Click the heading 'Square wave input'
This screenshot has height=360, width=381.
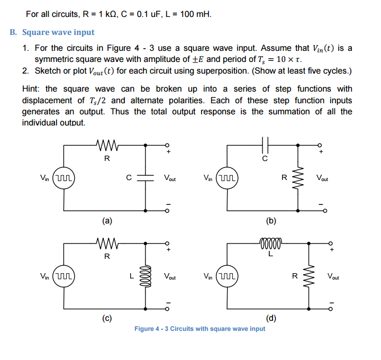[x=58, y=32]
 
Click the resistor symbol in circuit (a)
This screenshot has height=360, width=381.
[x=107, y=144]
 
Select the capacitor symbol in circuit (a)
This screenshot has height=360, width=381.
[x=146, y=178]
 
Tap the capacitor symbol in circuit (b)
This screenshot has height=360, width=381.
[x=266, y=144]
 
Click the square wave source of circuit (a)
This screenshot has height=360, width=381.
[x=65, y=178]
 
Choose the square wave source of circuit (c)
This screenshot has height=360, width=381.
[x=65, y=276]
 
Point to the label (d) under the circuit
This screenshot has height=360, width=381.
[x=271, y=318]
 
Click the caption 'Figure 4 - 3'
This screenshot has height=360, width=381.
[x=152, y=329]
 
